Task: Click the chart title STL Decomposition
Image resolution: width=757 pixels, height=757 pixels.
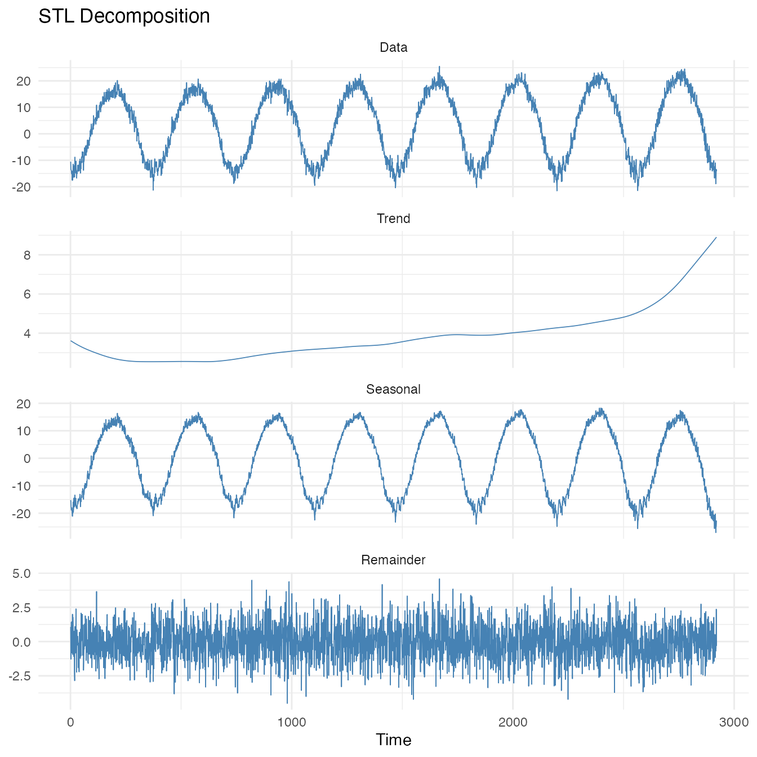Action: coord(124,16)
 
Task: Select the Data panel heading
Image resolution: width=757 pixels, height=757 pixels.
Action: coord(393,48)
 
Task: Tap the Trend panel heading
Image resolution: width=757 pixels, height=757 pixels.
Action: coord(393,219)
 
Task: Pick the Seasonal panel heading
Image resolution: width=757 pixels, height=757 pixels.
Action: coord(393,389)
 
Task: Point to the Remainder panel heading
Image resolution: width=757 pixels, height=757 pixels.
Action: coord(393,560)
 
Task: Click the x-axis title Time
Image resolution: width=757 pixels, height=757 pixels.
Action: coord(393,740)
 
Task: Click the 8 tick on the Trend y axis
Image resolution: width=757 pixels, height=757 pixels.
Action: coord(26,255)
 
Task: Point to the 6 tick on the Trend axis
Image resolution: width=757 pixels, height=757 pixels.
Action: coord(26,294)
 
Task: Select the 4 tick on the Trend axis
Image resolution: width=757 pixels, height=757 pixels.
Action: coord(26,333)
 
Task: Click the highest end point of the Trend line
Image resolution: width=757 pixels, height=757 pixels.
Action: coord(716,237)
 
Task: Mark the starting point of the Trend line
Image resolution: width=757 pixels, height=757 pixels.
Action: coord(70,340)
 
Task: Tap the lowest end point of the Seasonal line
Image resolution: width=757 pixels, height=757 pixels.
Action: coord(716,532)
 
